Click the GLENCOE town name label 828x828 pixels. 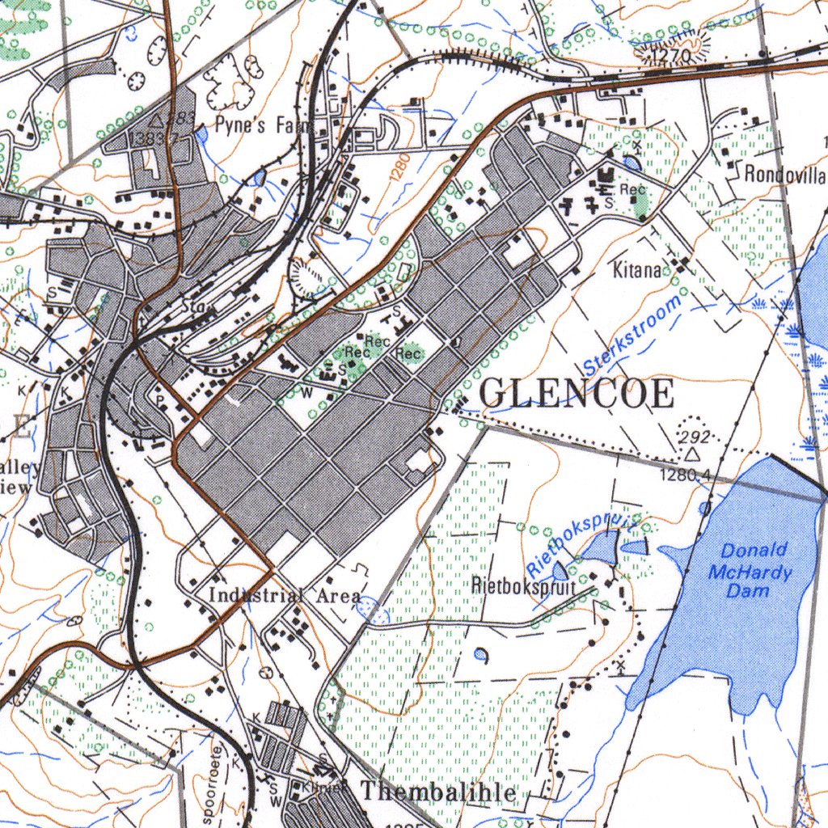[x=577, y=394]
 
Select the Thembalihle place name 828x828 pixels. [x=437, y=792]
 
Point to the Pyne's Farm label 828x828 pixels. [x=253, y=125]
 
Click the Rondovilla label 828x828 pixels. [x=784, y=174]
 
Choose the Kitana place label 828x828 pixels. [x=636, y=270]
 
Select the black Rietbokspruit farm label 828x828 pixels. [x=523, y=586]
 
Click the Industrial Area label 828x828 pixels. [x=285, y=596]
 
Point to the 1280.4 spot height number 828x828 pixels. [x=684, y=475]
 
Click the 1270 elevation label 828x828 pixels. [x=668, y=56]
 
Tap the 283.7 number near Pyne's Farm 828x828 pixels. [x=154, y=138]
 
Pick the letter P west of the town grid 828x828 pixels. [x=158, y=400]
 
